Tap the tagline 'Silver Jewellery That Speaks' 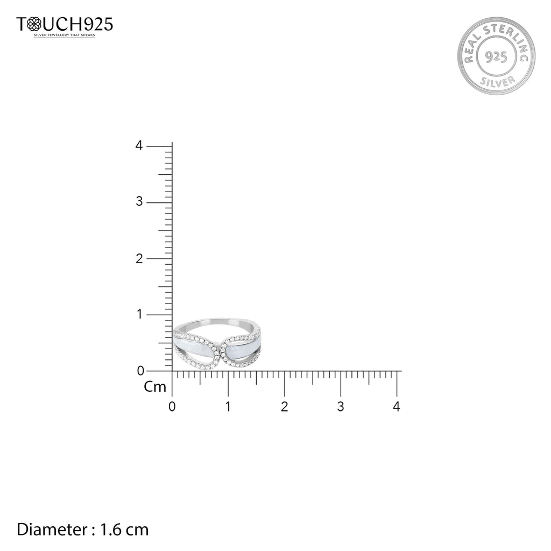[65, 35]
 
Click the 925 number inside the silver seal [496, 56]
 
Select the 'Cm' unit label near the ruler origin [154, 387]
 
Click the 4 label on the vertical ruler [139, 145]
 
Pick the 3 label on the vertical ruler [139, 202]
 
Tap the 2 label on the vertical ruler [139, 259]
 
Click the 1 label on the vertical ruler [140, 314]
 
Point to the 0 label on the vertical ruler [140, 370]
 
